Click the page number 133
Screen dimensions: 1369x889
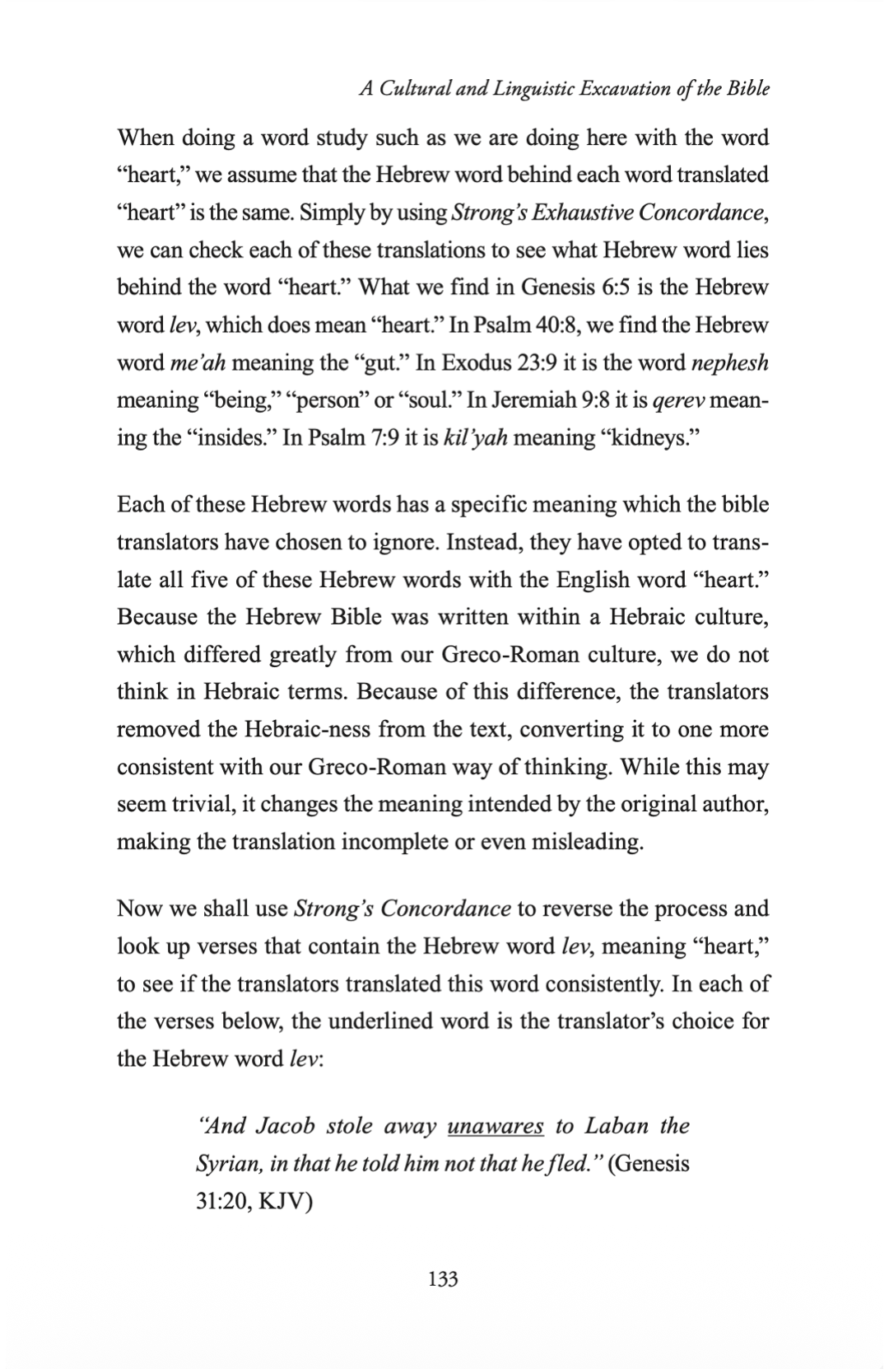(443, 1279)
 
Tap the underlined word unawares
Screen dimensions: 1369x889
(495, 1126)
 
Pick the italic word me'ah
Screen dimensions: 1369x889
(197, 362)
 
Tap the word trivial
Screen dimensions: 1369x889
(193, 805)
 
